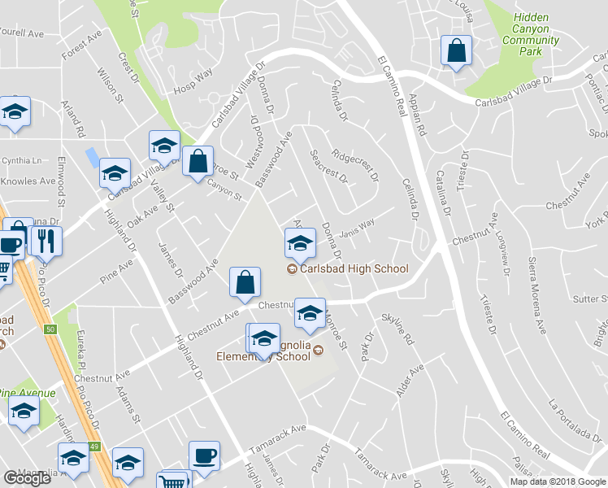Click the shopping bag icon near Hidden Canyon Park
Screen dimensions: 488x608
click(x=456, y=50)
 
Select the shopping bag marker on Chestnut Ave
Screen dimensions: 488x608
click(x=245, y=283)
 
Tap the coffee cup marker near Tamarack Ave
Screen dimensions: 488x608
click(x=204, y=455)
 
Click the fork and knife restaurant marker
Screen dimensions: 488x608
click(x=46, y=242)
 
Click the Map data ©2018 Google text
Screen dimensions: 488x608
click(x=558, y=481)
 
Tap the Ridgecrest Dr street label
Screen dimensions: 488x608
click(x=356, y=163)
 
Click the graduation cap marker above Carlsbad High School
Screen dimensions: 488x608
click(x=299, y=242)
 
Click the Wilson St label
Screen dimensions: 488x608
click(x=110, y=85)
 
